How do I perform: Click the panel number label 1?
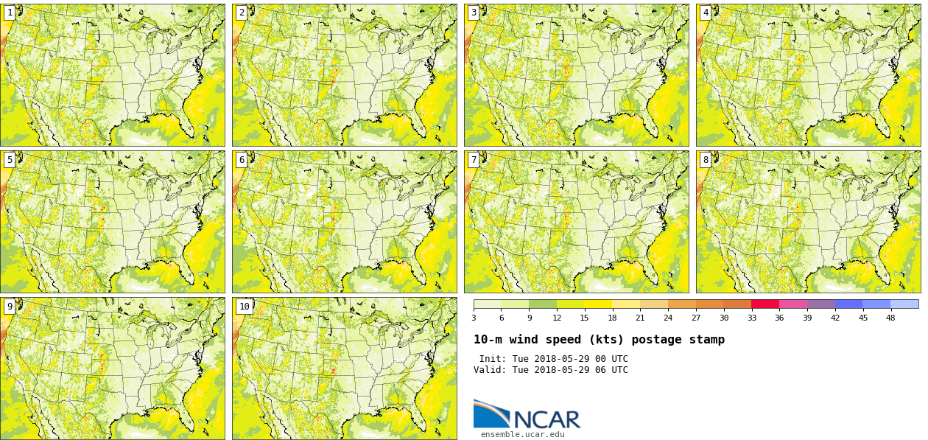point(10,13)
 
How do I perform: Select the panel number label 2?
point(242,13)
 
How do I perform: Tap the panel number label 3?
point(474,13)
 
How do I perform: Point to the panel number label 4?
point(706,13)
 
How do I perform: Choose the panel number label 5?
point(10,160)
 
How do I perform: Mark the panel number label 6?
point(242,160)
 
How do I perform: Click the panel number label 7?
point(474,160)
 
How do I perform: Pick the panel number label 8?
point(706,160)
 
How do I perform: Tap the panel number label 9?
point(10,307)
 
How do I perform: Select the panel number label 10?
point(244,307)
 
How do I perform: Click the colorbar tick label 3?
point(474,318)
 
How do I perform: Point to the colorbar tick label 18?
point(612,318)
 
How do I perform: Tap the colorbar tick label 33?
point(751,318)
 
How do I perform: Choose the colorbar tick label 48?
point(890,318)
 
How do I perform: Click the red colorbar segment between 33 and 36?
point(765,304)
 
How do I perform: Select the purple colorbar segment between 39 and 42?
point(820,304)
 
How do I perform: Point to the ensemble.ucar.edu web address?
point(522,435)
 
